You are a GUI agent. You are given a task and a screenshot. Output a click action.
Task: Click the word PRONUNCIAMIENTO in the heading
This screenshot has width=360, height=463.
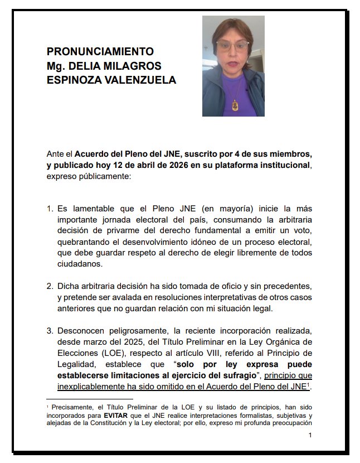(x=100, y=51)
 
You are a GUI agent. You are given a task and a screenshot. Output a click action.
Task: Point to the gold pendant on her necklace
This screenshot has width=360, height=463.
(x=235, y=104)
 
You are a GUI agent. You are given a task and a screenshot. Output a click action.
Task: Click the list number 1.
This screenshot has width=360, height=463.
(x=50, y=209)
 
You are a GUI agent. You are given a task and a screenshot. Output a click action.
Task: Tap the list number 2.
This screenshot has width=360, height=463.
(x=50, y=286)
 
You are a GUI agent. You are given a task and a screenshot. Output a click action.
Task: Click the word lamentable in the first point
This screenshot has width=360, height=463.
(x=96, y=209)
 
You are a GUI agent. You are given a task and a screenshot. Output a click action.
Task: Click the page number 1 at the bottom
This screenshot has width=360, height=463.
(x=310, y=435)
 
